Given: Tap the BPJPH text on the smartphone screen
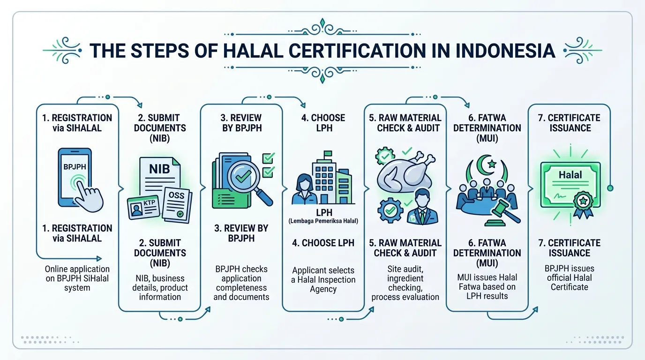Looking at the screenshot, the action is [x=75, y=166].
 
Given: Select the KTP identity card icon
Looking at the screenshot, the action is [x=143, y=207].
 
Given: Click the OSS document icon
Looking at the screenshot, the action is [x=177, y=205].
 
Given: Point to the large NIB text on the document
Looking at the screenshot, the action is [x=159, y=169].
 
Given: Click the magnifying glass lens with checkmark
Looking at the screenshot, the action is [x=243, y=176].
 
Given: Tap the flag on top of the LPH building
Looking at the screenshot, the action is [x=328, y=154].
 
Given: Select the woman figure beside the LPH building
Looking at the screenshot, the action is [x=304, y=189].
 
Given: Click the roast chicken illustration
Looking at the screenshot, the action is [x=405, y=173].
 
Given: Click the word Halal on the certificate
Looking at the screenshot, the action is [x=570, y=175].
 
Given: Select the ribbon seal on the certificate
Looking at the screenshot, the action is [x=583, y=204].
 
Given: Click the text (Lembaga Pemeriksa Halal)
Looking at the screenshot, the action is [x=323, y=221].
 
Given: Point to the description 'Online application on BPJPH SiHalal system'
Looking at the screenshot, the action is [x=77, y=278].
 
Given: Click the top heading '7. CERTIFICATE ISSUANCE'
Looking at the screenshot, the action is [x=569, y=123].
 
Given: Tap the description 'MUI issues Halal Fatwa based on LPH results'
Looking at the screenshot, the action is [x=487, y=286].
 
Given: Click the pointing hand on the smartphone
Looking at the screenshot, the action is [x=90, y=196].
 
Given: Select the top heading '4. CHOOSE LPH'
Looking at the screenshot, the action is [x=323, y=123].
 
